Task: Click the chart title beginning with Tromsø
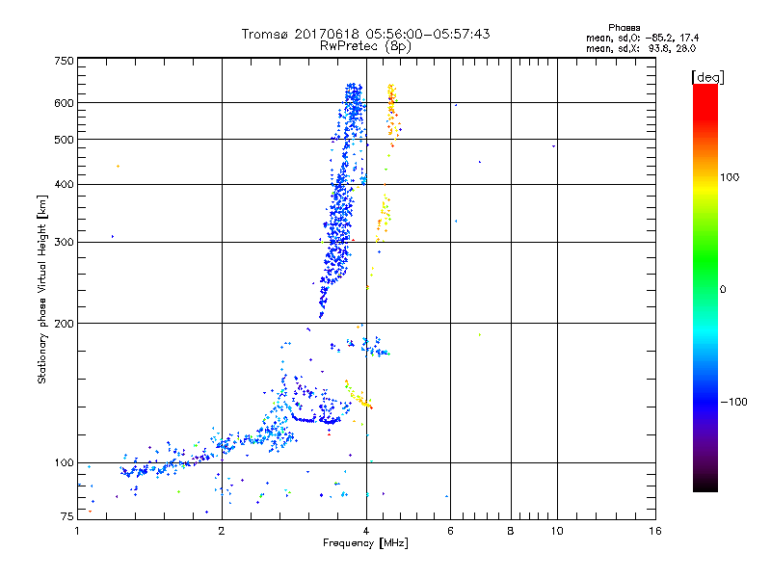(x=365, y=34)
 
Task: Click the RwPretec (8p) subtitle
(x=366, y=45)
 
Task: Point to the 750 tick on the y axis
(x=64, y=61)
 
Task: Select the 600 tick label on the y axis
(x=64, y=103)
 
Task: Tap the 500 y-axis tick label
(x=64, y=140)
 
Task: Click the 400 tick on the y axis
(x=64, y=184)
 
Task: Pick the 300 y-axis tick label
(x=64, y=242)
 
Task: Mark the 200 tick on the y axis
(x=64, y=324)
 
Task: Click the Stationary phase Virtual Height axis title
(x=42, y=289)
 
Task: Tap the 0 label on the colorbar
(x=722, y=289)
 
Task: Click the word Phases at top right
(x=625, y=27)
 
